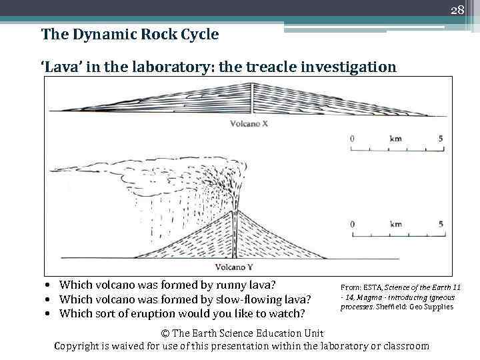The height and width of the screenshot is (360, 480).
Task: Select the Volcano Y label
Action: click(x=233, y=268)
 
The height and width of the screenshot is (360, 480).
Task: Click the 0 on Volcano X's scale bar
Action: click(x=352, y=139)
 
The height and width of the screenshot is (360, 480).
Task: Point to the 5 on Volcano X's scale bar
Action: click(x=441, y=139)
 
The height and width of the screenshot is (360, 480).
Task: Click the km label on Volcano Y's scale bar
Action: click(x=395, y=224)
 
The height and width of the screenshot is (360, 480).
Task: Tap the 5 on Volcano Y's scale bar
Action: click(x=441, y=224)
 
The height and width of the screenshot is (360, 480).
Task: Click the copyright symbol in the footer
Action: click(x=166, y=333)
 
